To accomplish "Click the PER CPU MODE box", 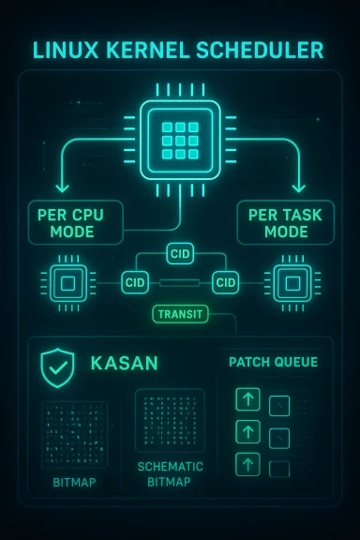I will click(70, 222).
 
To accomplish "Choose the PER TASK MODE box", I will click(285, 222).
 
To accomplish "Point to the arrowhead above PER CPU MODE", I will click(63, 187).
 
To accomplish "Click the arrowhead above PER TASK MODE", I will click(297, 187).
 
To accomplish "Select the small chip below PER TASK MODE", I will click(290, 281).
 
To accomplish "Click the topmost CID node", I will click(180, 253).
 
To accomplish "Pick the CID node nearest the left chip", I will click(135, 282).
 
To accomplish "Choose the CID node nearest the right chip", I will click(225, 282).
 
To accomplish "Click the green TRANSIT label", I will click(180, 314).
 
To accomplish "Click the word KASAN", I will click(124, 363).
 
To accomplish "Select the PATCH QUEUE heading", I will click(273, 361).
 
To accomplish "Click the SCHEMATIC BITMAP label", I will click(170, 473).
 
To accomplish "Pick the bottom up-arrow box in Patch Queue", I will click(247, 463).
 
